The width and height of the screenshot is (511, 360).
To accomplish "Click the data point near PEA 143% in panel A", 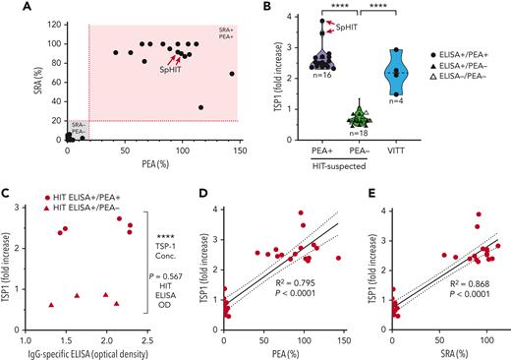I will [232, 74].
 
